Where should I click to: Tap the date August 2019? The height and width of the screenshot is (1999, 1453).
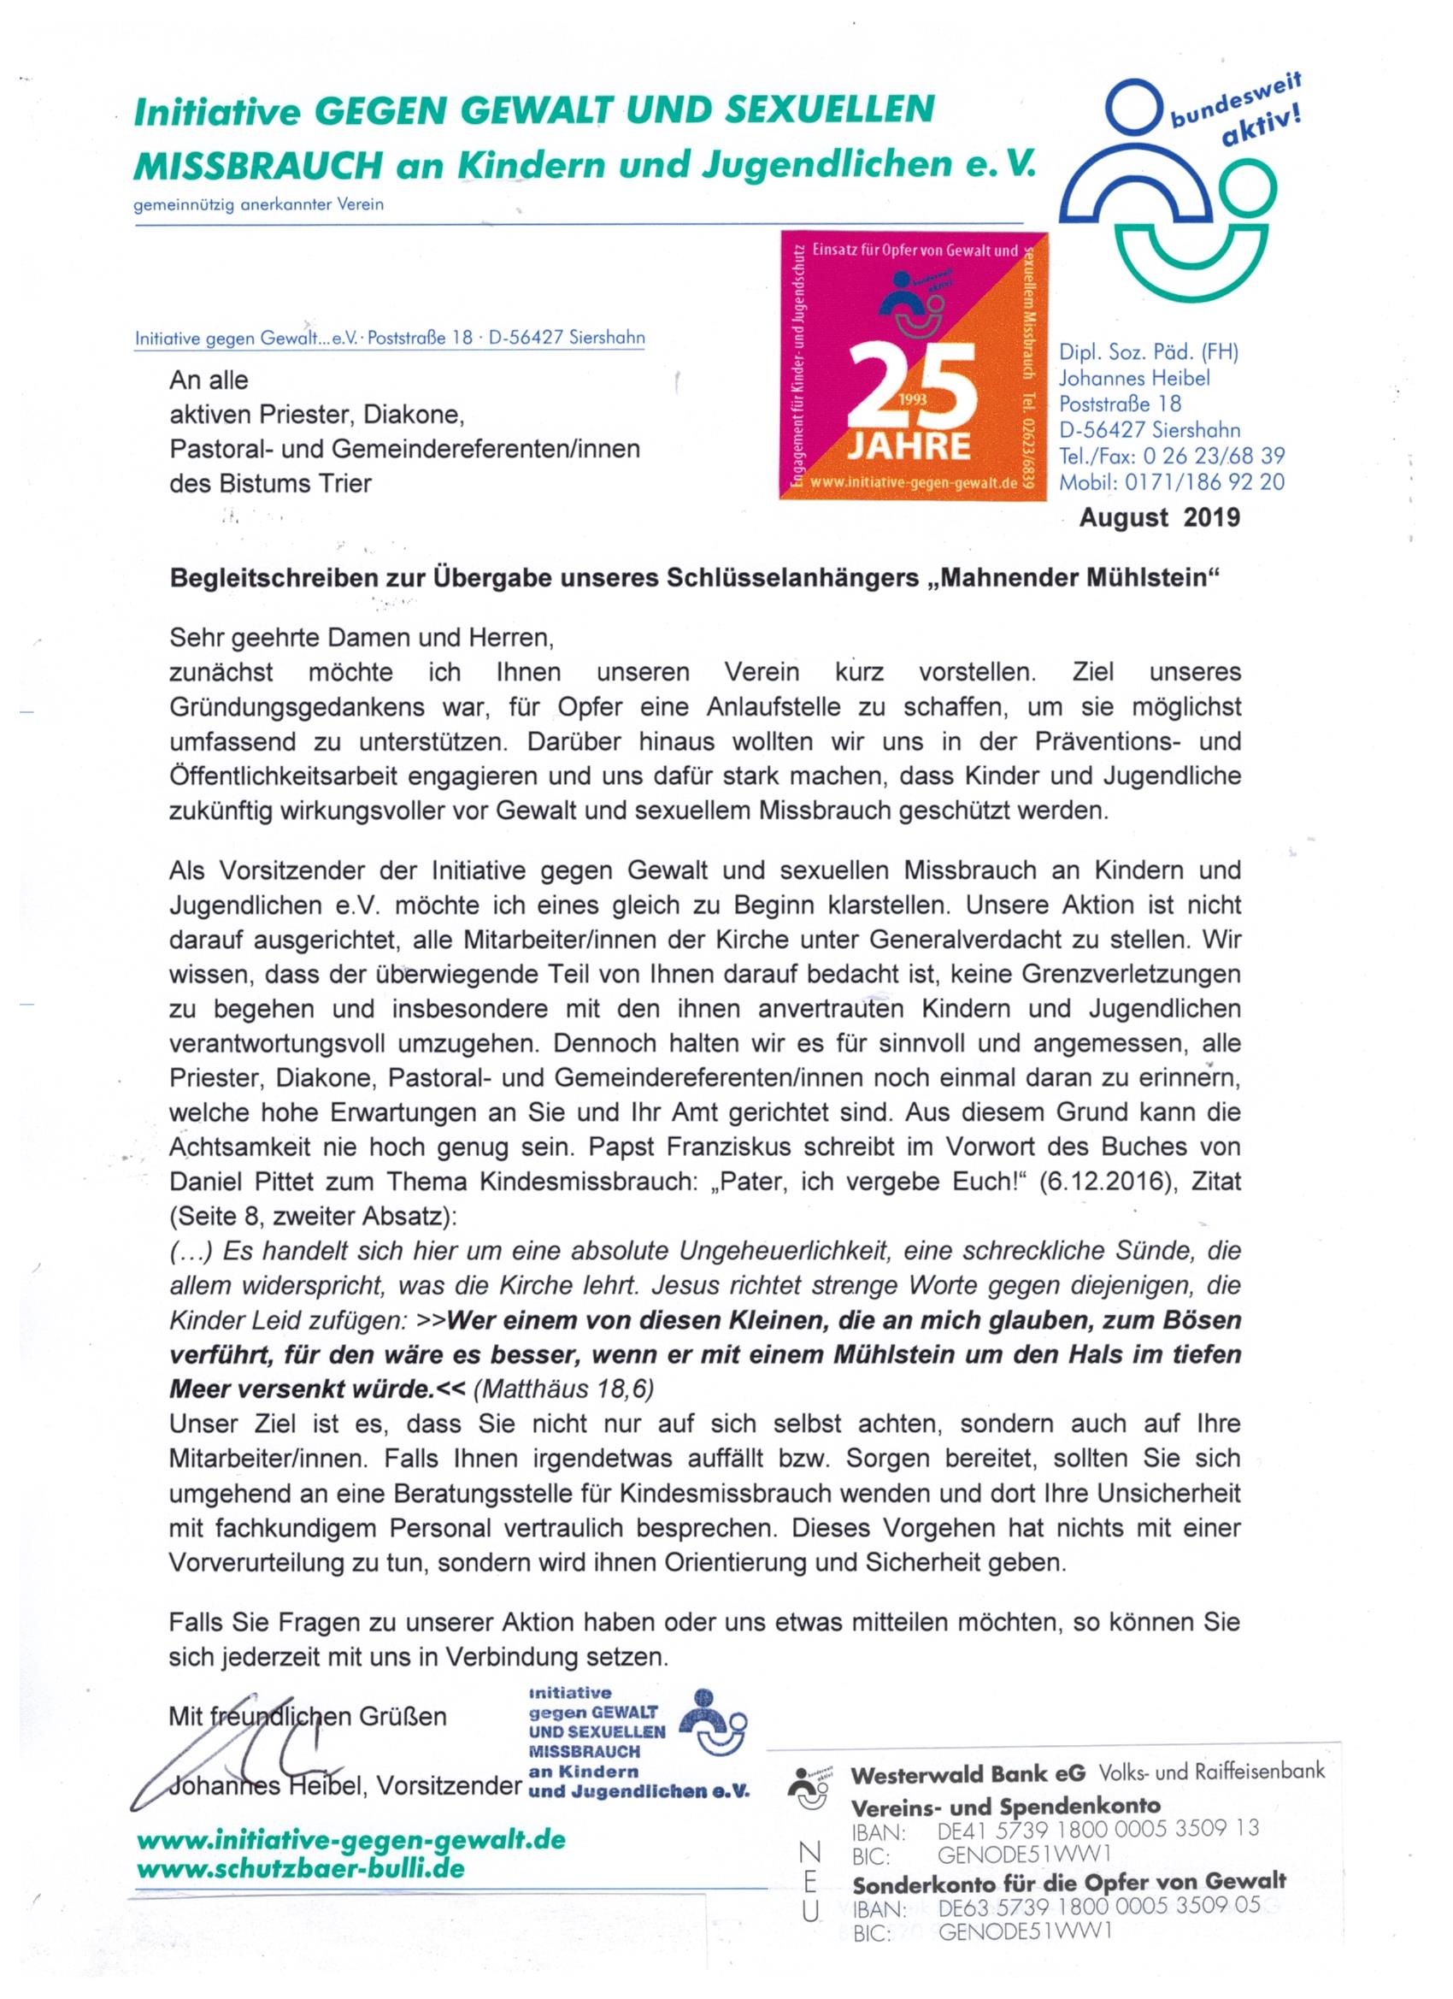[x=1160, y=517]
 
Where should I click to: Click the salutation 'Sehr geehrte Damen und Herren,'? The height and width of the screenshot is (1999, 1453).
[x=362, y=636]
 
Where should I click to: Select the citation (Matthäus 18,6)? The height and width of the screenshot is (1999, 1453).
[x=564, y=1389]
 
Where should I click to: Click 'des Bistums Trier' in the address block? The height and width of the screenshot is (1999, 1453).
[x=270, y=483]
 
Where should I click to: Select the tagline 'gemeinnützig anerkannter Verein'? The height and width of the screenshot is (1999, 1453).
[x=258, y=205]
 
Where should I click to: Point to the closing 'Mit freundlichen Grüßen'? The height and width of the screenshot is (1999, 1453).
[x=308, y=1716]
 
